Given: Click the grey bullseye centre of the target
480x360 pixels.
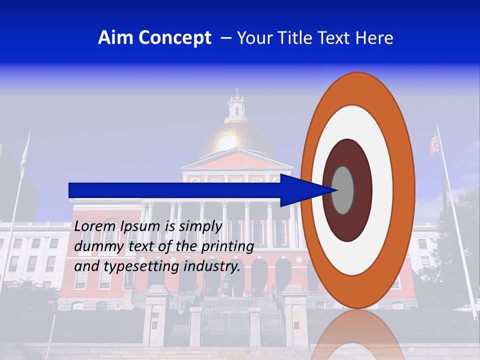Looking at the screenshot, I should point(342,190).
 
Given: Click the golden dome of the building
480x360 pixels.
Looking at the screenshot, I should point(237,140).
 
